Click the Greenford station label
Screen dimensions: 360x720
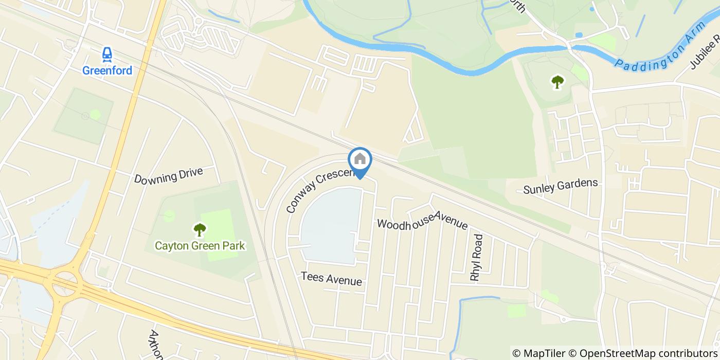(x=107, y=70)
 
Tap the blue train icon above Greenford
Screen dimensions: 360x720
(x=107, y=53)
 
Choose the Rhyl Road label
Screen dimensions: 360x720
(x=477, y=258)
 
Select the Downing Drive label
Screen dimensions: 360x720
(x=169, y=175)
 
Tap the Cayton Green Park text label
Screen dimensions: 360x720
(x=200, y=246)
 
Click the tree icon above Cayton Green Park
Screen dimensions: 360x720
(x=200, y=229)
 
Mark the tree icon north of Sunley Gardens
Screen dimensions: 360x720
(x=557, y=81)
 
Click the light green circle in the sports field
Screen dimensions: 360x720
(x=95, y=114)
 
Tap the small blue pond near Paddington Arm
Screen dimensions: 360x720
(x=579, y=35)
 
